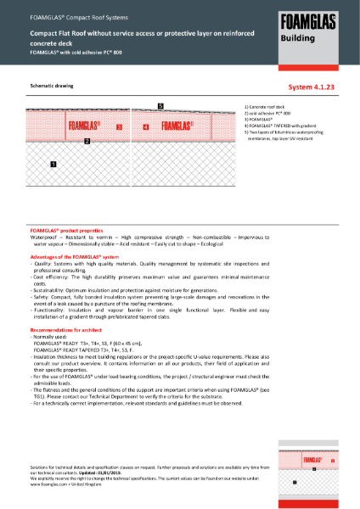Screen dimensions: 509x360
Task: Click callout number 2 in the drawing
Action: tap(87, 142)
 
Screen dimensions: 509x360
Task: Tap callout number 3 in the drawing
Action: tap(120, 127)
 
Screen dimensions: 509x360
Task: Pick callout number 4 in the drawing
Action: tap(145, 127)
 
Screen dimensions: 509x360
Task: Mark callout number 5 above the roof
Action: tap(160, 105)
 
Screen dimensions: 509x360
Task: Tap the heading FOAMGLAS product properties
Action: tap(65, 230)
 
